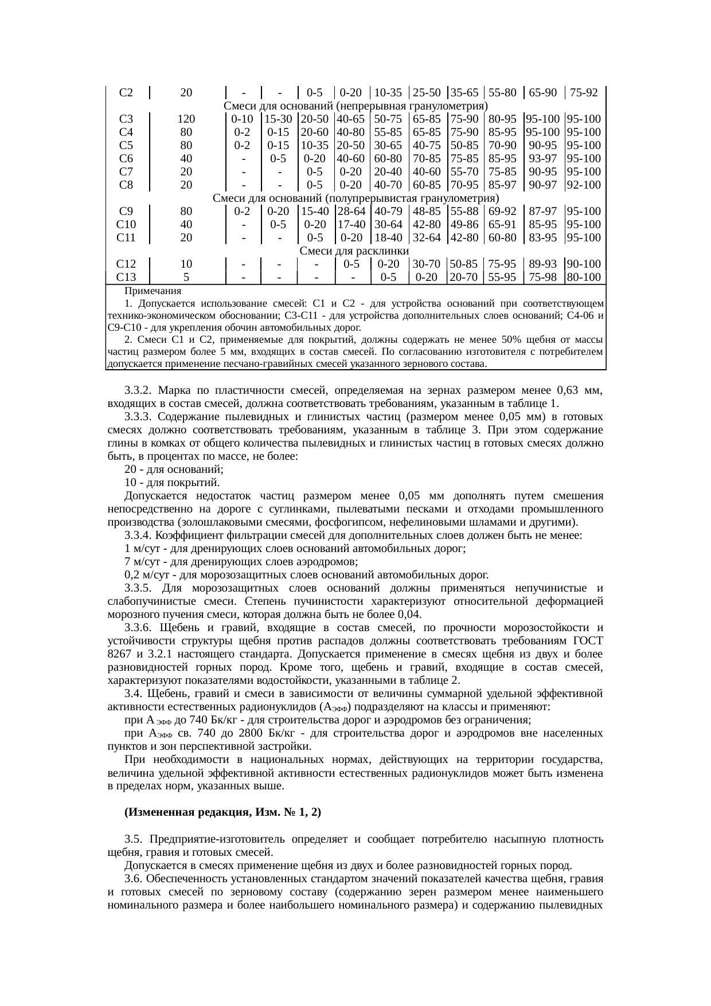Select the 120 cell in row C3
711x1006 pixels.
(186, 119)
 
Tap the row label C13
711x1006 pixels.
(126, 277)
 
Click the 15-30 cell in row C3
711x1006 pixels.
(279, 119)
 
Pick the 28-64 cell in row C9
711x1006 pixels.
(352, 212)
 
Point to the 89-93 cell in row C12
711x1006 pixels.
(543, 264)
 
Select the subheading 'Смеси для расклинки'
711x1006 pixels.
(354, 251)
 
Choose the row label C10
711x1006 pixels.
(126, 225)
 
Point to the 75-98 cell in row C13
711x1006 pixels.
(543, 277)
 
